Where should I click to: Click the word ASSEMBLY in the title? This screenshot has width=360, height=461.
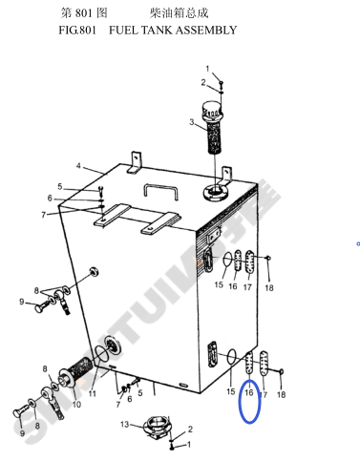coord(205,31)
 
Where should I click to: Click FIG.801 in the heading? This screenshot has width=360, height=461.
coord(77,31)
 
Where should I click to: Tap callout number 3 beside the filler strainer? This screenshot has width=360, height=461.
coord(192,122)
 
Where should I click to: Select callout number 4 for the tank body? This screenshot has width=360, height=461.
coord(78,166)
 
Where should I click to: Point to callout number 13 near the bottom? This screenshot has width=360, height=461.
coord(124,424)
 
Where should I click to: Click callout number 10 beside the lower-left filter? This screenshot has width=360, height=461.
coord(76,405)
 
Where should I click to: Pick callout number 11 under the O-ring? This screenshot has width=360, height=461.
coord(93,394)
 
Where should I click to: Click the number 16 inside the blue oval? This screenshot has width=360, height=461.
coord(249,392)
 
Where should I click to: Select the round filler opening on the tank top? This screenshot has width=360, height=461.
coord(215,192)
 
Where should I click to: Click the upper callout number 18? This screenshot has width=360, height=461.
coord(269,288)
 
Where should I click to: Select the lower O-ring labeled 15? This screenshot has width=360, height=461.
coord(231,357)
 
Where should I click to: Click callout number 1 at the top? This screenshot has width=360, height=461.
coord(207,69)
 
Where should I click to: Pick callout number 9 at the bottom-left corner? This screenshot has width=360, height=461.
coord(22,433)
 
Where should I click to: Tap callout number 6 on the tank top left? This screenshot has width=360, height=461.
coord(50,199)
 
